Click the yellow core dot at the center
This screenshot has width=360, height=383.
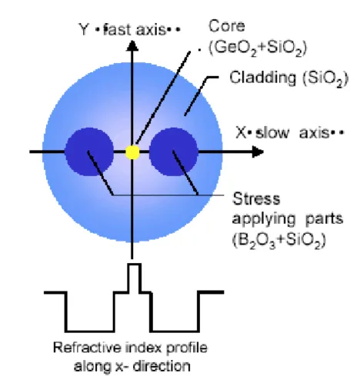[x=132, y=152]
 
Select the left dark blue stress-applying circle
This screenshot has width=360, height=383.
[x=89, y=152]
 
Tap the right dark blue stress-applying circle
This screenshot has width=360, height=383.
[x=174, y=152]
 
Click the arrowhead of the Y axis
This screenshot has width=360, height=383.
[x=132, y=46]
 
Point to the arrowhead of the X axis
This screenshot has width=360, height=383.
[x=258, y=152]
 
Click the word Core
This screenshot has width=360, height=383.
[x=227, y=26]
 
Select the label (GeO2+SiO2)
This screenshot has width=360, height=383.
[x=258, y=48]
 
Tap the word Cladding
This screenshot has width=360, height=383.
[x=263, y=77]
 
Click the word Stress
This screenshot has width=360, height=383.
[x=256, y=199]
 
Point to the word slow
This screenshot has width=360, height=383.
[x=272, y=133]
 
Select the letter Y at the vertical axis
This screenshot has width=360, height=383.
[x=84, y=29]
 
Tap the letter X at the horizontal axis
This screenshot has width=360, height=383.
[x=242, y=133]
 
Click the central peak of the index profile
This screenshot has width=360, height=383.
[x=135, y=278]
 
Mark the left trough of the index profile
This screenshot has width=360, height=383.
[x=90, y=331]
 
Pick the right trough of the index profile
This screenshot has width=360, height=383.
[x=175, y=331]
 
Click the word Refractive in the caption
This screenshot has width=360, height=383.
[x=87, y=348]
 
